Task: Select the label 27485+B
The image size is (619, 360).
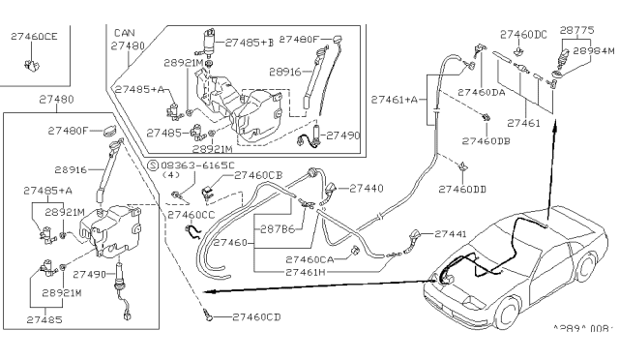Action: tap(250, 43)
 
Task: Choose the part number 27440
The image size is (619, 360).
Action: tap(366, 188)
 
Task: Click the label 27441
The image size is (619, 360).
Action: tap(450, 234)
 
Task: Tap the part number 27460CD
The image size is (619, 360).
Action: tap(256, 316)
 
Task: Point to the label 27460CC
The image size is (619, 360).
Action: tap(192, 214)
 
